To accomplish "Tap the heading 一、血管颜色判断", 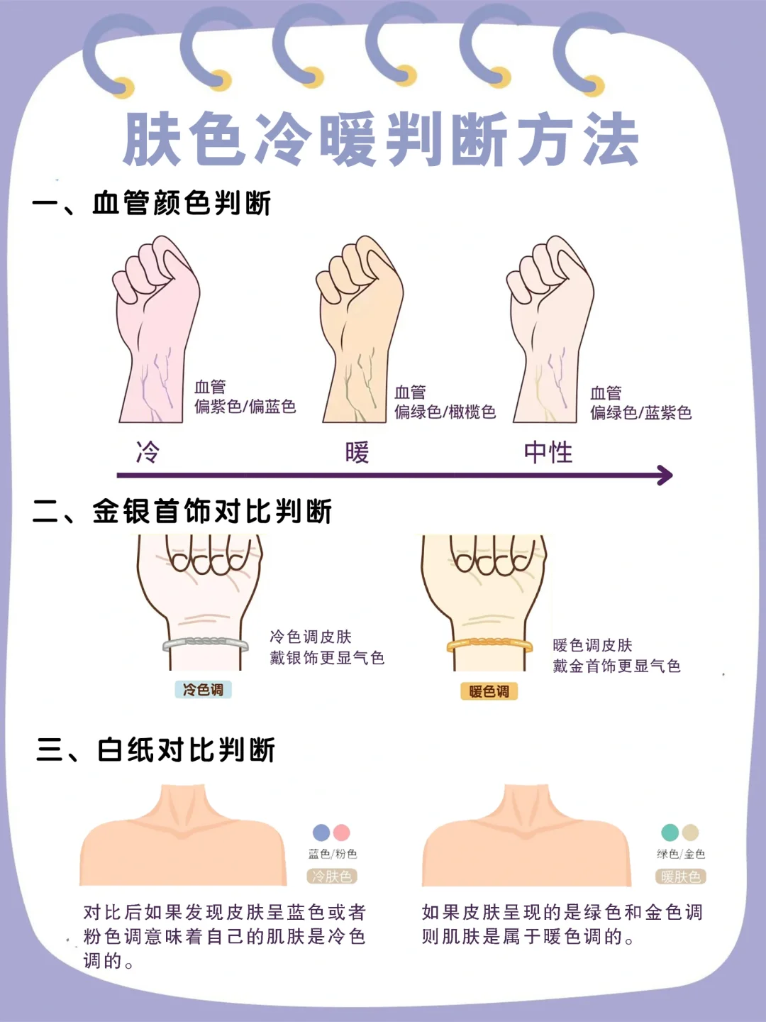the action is [x=152, y=204].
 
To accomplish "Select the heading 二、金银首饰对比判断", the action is [x=182, y=511].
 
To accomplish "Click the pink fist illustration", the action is [x=156, y=329].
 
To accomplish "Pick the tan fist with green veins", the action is [x=360, y=329].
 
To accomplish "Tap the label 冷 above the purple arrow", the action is [x=148, y=452].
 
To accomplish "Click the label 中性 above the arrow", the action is [x=548, y=452].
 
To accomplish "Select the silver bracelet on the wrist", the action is [x=205, y=645].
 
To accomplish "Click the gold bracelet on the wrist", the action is [x=489, y=646].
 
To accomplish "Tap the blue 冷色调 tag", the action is [x=203, y=690].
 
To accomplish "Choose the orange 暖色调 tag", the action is [x=489, y=691].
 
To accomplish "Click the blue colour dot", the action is [x=321, y=833].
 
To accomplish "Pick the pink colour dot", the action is [x=341, y=833].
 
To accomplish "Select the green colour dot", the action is [x=670, y=833].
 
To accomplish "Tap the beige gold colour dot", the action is [x=690, y=833].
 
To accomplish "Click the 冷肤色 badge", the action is [x=332, y=877].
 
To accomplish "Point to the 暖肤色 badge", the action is [x=680, y=877].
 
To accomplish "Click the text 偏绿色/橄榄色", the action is [x=445, y=412].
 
